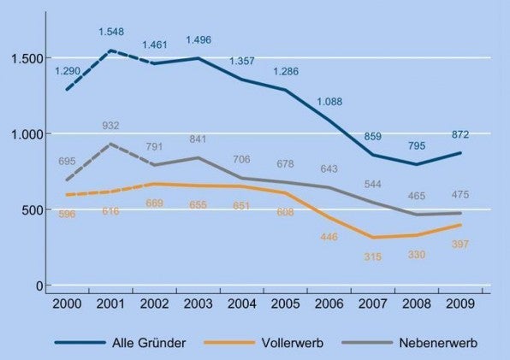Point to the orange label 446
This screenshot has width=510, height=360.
tap(329, 236)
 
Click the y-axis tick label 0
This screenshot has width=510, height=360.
tap(37, 286)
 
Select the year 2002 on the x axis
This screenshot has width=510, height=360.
tap(155, 304)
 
